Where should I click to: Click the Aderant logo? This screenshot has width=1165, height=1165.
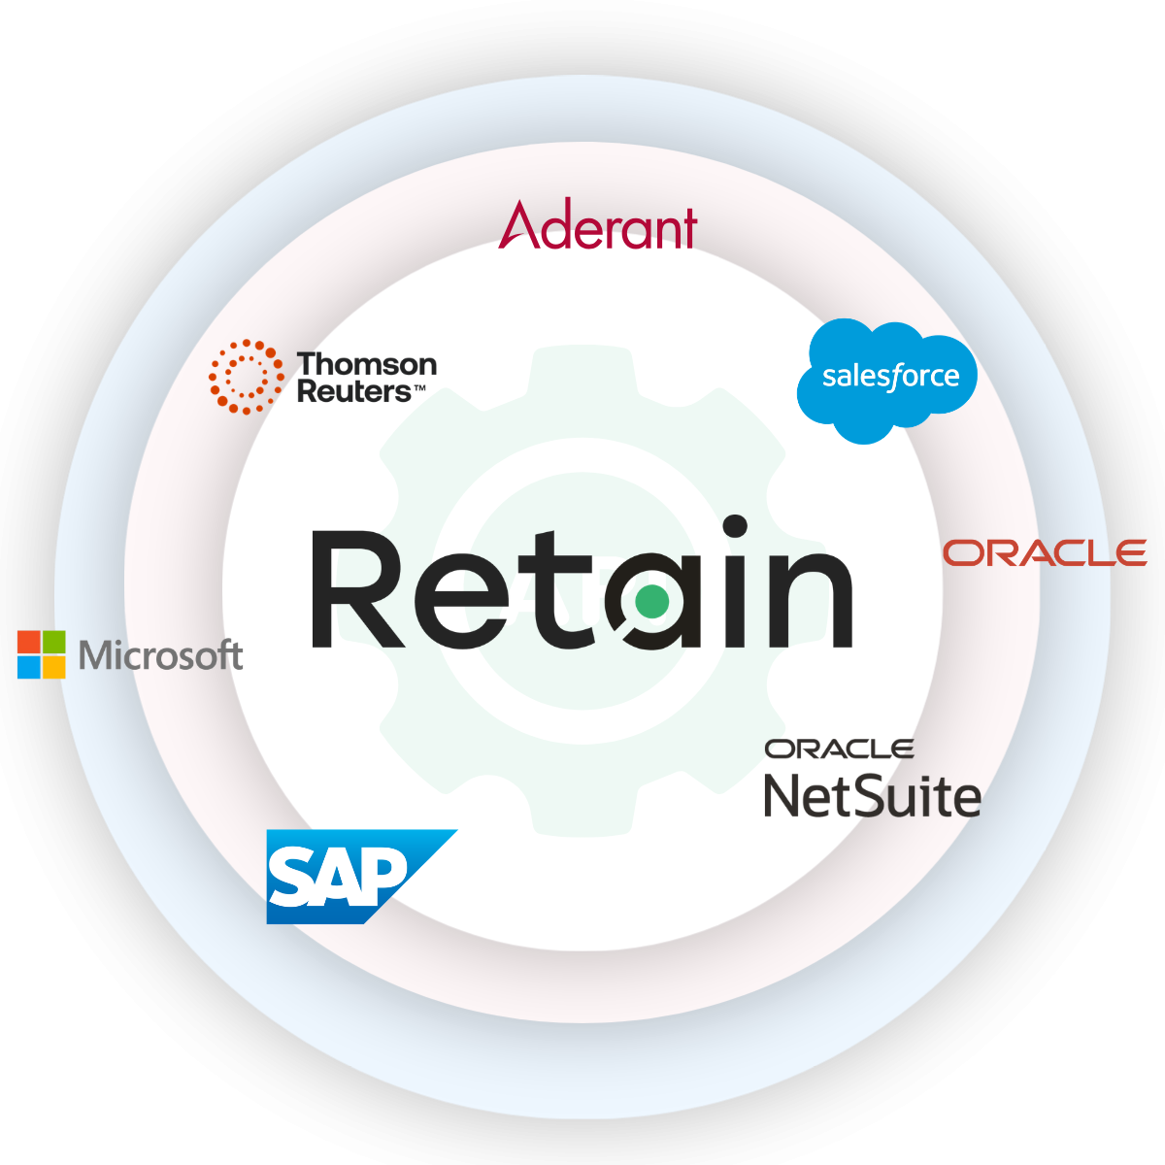point(598,226)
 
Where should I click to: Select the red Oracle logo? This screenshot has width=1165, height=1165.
point(1045,553)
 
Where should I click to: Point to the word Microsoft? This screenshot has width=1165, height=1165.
point(160,656)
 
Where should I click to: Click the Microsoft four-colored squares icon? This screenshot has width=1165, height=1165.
point(41,654)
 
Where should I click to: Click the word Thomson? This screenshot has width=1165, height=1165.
point(367,365)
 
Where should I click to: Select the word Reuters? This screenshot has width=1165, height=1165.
point(354,392)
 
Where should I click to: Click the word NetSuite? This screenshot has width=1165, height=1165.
point(872,796)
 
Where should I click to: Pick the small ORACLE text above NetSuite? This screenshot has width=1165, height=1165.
point(839,749)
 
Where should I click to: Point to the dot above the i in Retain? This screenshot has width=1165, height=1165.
point(735,526)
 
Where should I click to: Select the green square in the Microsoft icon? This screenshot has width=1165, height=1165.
point(53,642)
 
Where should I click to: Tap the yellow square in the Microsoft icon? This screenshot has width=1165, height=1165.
point(53,667)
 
